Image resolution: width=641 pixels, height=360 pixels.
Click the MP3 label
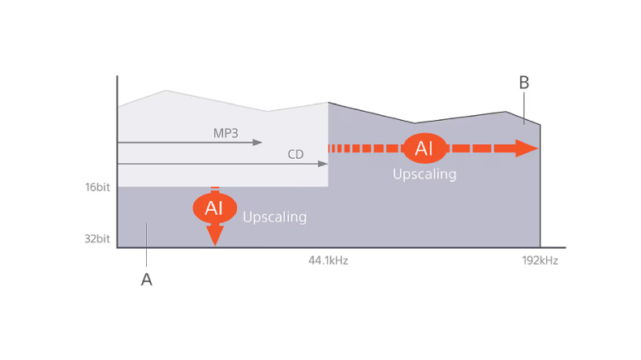226,133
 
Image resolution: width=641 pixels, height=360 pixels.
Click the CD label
295,155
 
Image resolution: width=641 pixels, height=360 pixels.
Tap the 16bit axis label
97,187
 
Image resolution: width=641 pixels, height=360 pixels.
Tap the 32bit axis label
97,238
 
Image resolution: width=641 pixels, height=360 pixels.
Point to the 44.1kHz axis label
329,261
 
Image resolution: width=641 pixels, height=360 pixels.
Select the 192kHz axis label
540,261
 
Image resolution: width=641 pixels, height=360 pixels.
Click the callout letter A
146,280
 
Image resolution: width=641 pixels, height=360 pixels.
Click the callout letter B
524,83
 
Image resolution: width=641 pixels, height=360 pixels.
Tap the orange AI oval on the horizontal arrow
424,148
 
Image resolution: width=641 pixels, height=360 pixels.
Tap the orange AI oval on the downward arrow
215,208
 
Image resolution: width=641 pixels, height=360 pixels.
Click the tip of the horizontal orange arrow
539,148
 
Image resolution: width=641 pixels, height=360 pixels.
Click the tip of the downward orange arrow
215,246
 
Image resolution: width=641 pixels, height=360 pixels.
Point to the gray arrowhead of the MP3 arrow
257,143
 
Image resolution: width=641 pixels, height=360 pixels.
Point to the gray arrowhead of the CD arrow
323,164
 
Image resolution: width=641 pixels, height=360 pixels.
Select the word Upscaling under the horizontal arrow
424,174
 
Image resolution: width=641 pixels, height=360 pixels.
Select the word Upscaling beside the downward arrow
275,217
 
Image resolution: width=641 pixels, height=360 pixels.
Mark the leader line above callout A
146,245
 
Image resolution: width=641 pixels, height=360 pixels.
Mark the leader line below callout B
524,109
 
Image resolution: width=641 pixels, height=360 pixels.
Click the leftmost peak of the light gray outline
166,90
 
